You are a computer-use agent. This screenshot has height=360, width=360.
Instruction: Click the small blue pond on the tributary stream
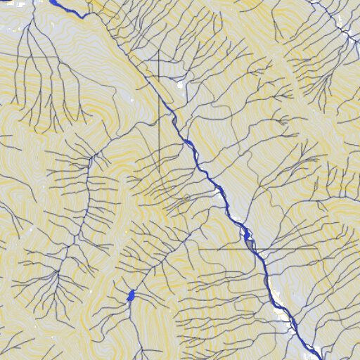click(x=130, y=296)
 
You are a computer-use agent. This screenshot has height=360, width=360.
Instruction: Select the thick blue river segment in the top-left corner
click(x=67, y=9)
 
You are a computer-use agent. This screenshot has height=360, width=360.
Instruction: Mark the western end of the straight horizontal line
click(x=198, y=248)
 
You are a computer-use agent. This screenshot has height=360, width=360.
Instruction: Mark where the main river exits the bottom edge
click(x=320, y=359)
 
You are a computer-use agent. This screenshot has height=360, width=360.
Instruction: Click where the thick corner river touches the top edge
click(x=52, y=1)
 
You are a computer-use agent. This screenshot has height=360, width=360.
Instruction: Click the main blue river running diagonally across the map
click(x=204, y=169)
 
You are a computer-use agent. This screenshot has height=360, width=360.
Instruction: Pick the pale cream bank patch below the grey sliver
click(x=281, y=309)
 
